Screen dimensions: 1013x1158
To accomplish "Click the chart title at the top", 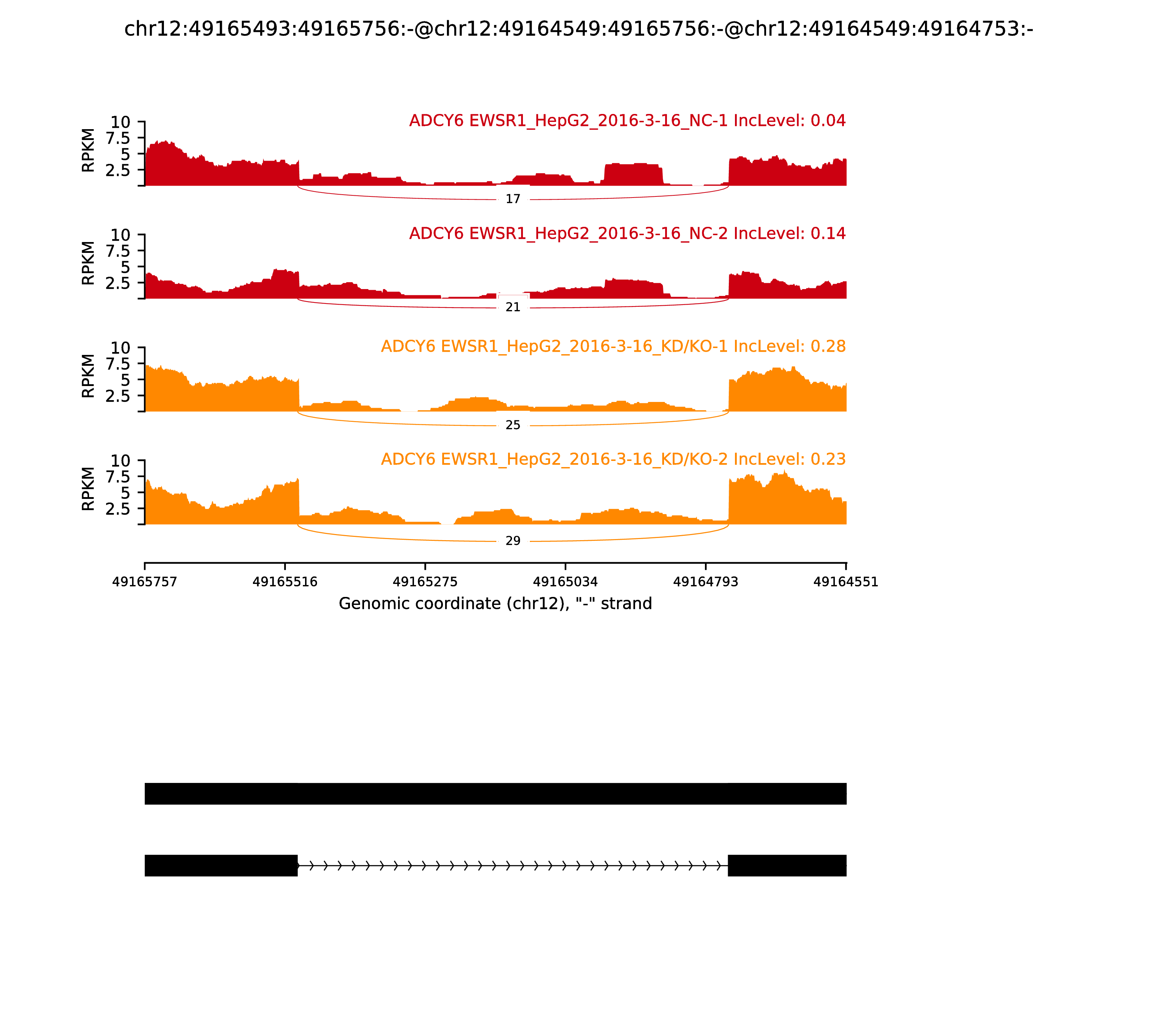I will coord(578,29).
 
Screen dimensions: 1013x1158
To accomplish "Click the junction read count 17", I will coord(512,199).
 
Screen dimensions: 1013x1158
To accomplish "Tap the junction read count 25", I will coord(512,425).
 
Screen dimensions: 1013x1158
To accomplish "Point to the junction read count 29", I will coord(512,541).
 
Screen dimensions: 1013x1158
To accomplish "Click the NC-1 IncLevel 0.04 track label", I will coord(627,121).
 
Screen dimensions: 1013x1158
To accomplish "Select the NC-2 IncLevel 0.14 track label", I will coord(627,233).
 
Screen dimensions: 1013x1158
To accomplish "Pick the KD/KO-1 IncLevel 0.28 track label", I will coord(613,347).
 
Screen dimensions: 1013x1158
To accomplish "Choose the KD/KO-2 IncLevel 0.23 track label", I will coord(613,459).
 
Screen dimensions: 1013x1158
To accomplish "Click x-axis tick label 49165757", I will coord(145,582).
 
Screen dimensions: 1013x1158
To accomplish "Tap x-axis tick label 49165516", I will coord(285,582).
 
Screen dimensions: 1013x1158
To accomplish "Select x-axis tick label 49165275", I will coord(425,582).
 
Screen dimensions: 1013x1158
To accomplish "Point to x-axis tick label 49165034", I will coord(565,582).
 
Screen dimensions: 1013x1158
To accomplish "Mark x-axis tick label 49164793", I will coord(706,582).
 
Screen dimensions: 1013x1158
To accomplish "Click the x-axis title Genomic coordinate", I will coord(495,604).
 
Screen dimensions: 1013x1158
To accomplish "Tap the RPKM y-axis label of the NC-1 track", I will coord(88,151).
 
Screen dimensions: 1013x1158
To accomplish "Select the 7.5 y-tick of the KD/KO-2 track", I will coord(118,476).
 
